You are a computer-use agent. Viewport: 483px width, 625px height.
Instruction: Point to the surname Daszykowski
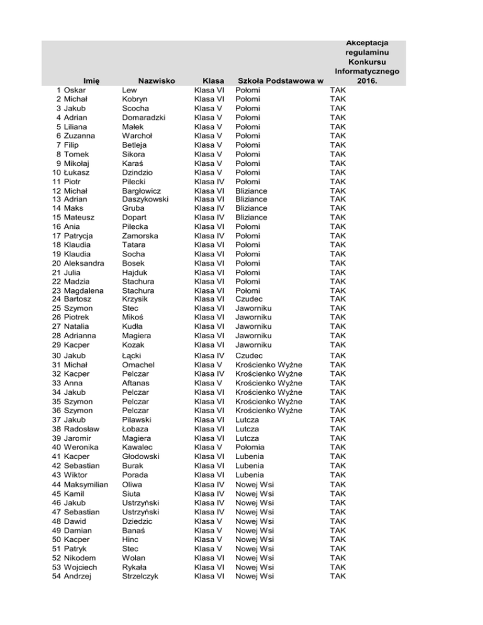pyautogui.click(x=145, y=199)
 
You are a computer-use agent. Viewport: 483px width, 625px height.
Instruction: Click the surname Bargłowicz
pyautogui.click(x=142, y=191)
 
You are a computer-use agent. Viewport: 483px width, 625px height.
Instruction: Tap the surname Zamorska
pyautogui.click(x=140, y=236)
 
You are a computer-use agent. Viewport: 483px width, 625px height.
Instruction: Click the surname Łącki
pyautogui.click(x=131, y=356)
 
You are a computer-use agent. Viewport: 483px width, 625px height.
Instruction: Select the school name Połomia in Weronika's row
pyautogui.click(x=251, y=448)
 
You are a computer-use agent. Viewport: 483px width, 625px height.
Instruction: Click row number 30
pyautogui.click(x=55, y=356)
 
